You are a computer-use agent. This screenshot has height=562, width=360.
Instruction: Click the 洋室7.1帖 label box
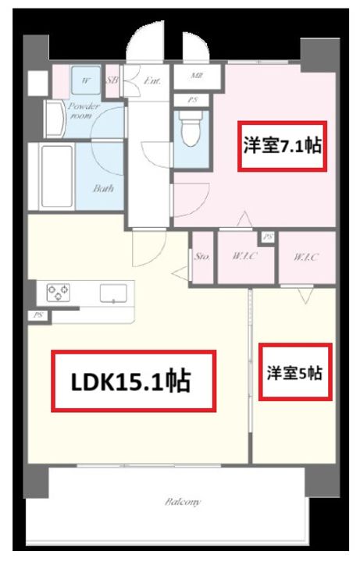coord(282,146)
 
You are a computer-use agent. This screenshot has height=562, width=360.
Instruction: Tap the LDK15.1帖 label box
coord(133,381)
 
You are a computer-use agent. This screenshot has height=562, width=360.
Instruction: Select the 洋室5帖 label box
coord(292,373)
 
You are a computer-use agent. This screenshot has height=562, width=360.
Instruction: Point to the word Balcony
coord(183,502)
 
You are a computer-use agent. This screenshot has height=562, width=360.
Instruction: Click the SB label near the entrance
coord(112,80)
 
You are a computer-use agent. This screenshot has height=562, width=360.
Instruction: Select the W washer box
coord(84,80)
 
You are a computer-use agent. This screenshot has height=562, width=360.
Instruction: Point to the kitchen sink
coord(112,293)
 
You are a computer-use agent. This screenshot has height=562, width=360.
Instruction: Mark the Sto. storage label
coord(201,255)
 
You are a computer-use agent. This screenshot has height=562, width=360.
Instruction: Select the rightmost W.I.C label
coord(307,256)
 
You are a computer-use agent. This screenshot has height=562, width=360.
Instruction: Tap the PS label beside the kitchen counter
coord(37,315)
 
